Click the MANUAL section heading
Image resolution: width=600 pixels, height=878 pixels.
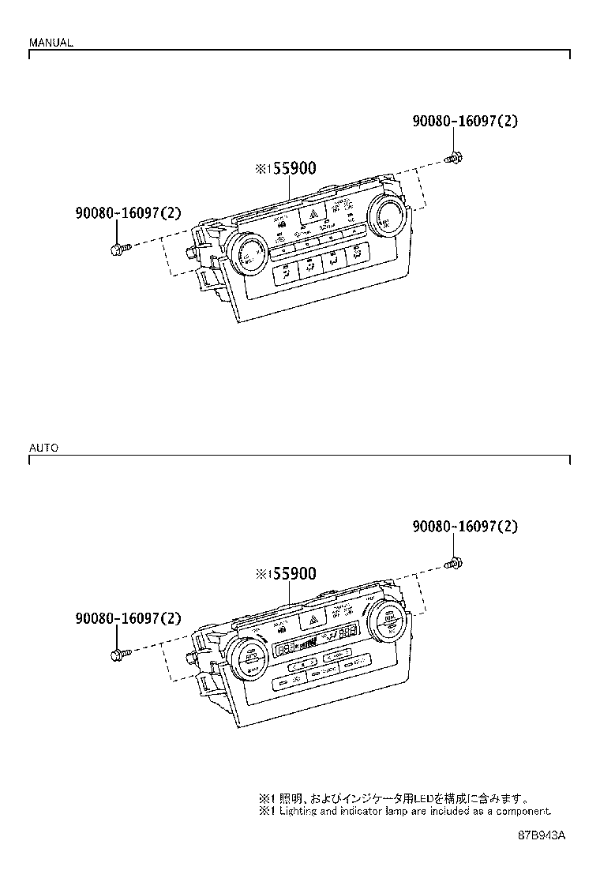[51, 43]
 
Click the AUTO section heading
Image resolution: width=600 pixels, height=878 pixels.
[43, 448]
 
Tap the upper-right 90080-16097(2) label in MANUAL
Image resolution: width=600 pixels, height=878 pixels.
[465, 122]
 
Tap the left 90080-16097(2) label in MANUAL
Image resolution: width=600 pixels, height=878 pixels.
[129, 213]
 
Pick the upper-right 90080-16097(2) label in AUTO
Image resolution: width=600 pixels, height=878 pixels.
[465, 527]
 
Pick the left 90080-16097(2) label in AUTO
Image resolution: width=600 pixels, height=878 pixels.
[129, 619]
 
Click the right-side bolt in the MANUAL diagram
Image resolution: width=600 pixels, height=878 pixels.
[454, 159]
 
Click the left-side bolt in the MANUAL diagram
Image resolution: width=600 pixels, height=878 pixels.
[118, 250]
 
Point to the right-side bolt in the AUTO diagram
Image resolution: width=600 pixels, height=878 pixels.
[454, 564]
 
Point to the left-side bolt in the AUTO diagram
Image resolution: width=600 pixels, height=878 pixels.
[118, 655]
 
